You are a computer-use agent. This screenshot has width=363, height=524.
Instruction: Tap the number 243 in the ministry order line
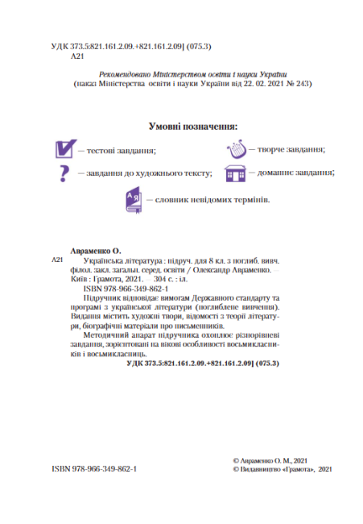point(301,83)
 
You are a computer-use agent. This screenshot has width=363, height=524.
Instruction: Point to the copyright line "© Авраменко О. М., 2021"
point(271,457)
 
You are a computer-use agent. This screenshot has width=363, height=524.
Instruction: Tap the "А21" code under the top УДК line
point(77,59)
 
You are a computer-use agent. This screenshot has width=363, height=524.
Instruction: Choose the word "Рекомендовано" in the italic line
point(128,73)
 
